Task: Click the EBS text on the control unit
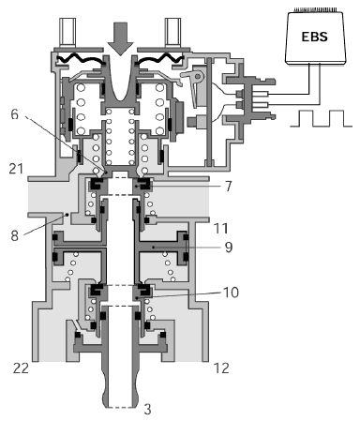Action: click(315, 37)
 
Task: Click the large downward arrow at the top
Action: click(120, 38)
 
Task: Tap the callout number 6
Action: click(15, 114)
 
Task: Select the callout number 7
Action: click(229, 187)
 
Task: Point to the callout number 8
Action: click(15, 236)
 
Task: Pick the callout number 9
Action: click(229, 247)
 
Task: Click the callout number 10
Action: click(231, 293)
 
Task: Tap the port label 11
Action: click(221, 228)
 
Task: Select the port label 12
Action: click(221, 368)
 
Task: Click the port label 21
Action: click(16, 169)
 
